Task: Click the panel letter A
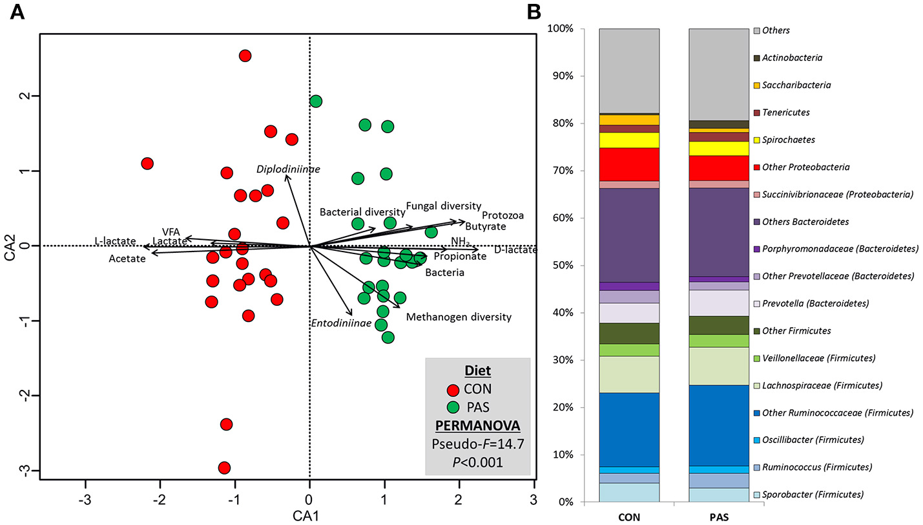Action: click(17, 12)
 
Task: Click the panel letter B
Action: click(553, 12)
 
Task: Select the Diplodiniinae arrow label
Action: click(288, 169)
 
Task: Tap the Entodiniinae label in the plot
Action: click(341, 323)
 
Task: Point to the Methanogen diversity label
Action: click(459, 317)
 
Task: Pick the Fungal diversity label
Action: click(443, 207)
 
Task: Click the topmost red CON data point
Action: click(245, 56)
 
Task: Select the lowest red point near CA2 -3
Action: click(224, 467)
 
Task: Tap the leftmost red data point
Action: click(147, 164)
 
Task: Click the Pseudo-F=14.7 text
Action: click(477, 444)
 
